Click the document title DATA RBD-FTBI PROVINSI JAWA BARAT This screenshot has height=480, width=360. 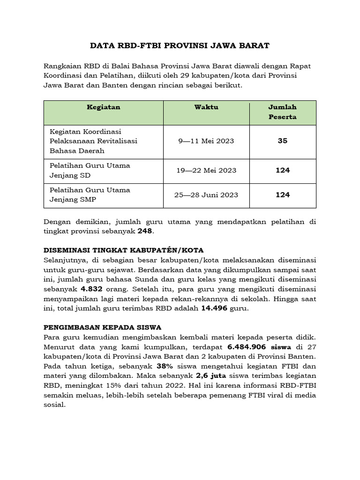pyautogui.click(x=180, y=46)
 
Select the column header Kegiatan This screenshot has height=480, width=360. pyautogui.click(x=104, y=107)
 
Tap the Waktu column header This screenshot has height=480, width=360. pyautogui.click(x=206, y=107)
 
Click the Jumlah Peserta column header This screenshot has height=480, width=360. pyautogui.click(x=282, y=112)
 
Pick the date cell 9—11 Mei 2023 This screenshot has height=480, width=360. pyautogui.click(x=206, y=141)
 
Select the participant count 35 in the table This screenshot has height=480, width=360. pyautogui.click(x=282, y=141)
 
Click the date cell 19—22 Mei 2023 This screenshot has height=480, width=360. pyautogui.click(x=206, y=171)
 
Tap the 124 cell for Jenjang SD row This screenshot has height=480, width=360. pyautogui.click(x=282, y=171)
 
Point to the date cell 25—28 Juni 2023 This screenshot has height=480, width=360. pyautogui.click(x=206, y=195)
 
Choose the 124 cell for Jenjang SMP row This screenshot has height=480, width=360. pyautogui.click(x=282, y=195)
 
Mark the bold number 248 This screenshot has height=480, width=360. pyautogui.click(x=145, y=232)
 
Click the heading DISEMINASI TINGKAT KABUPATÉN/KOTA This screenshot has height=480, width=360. pyautogui.click(x=123, y=250)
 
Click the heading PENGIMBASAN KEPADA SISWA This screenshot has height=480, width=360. pyautogui.click(x=102, y=327)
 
